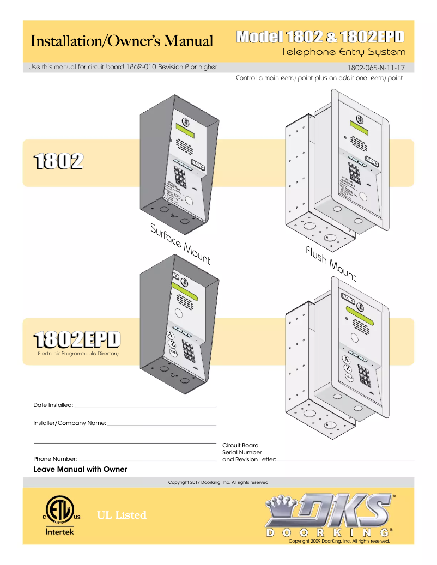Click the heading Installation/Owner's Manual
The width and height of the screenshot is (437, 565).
pyautogui.click(x=122, y=41)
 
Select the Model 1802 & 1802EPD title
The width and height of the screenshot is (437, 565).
pyautogui.click(x=320, y=37)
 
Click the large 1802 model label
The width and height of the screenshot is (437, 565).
pyautogui.click(x=58, y=161)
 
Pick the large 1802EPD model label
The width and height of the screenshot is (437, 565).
pyautogui.click(x=76, y=339)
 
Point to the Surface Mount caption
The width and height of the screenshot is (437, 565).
pyautogui.click(x=180, y=244)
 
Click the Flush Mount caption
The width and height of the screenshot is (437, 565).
pyautogui.click(x=331, y=263)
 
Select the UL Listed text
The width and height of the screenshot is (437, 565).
pyautogui.click(x=122, y=515)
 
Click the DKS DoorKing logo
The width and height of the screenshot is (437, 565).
pyautogui.click(x=329, y=515)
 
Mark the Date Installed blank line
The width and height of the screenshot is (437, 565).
pyautogui.click(x=145, y=407)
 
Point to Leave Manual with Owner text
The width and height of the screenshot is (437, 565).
pyautogui.click(x=80, y=470)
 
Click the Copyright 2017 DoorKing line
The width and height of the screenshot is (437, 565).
pyautogui.click(x=218, y=482)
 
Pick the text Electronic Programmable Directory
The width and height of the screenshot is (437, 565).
pyautogui.click(x=77, y=354)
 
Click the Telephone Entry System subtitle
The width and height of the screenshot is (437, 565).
pyautogui.click(x=343, y=52)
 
